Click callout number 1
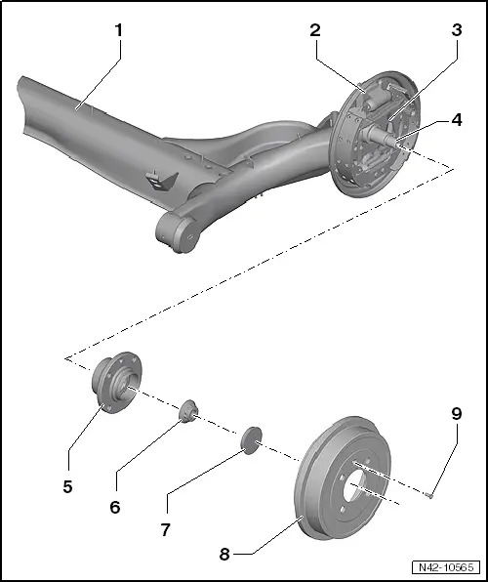click(118, 30)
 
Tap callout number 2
click(315, 30)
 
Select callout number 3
click(457, 30)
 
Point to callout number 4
click(457, 120)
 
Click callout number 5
click(67, 486)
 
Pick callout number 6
click(115, 507)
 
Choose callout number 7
click(166, 529)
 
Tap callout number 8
click(224, 555)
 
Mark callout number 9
click(457, 413)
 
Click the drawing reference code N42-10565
click(446, 567)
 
